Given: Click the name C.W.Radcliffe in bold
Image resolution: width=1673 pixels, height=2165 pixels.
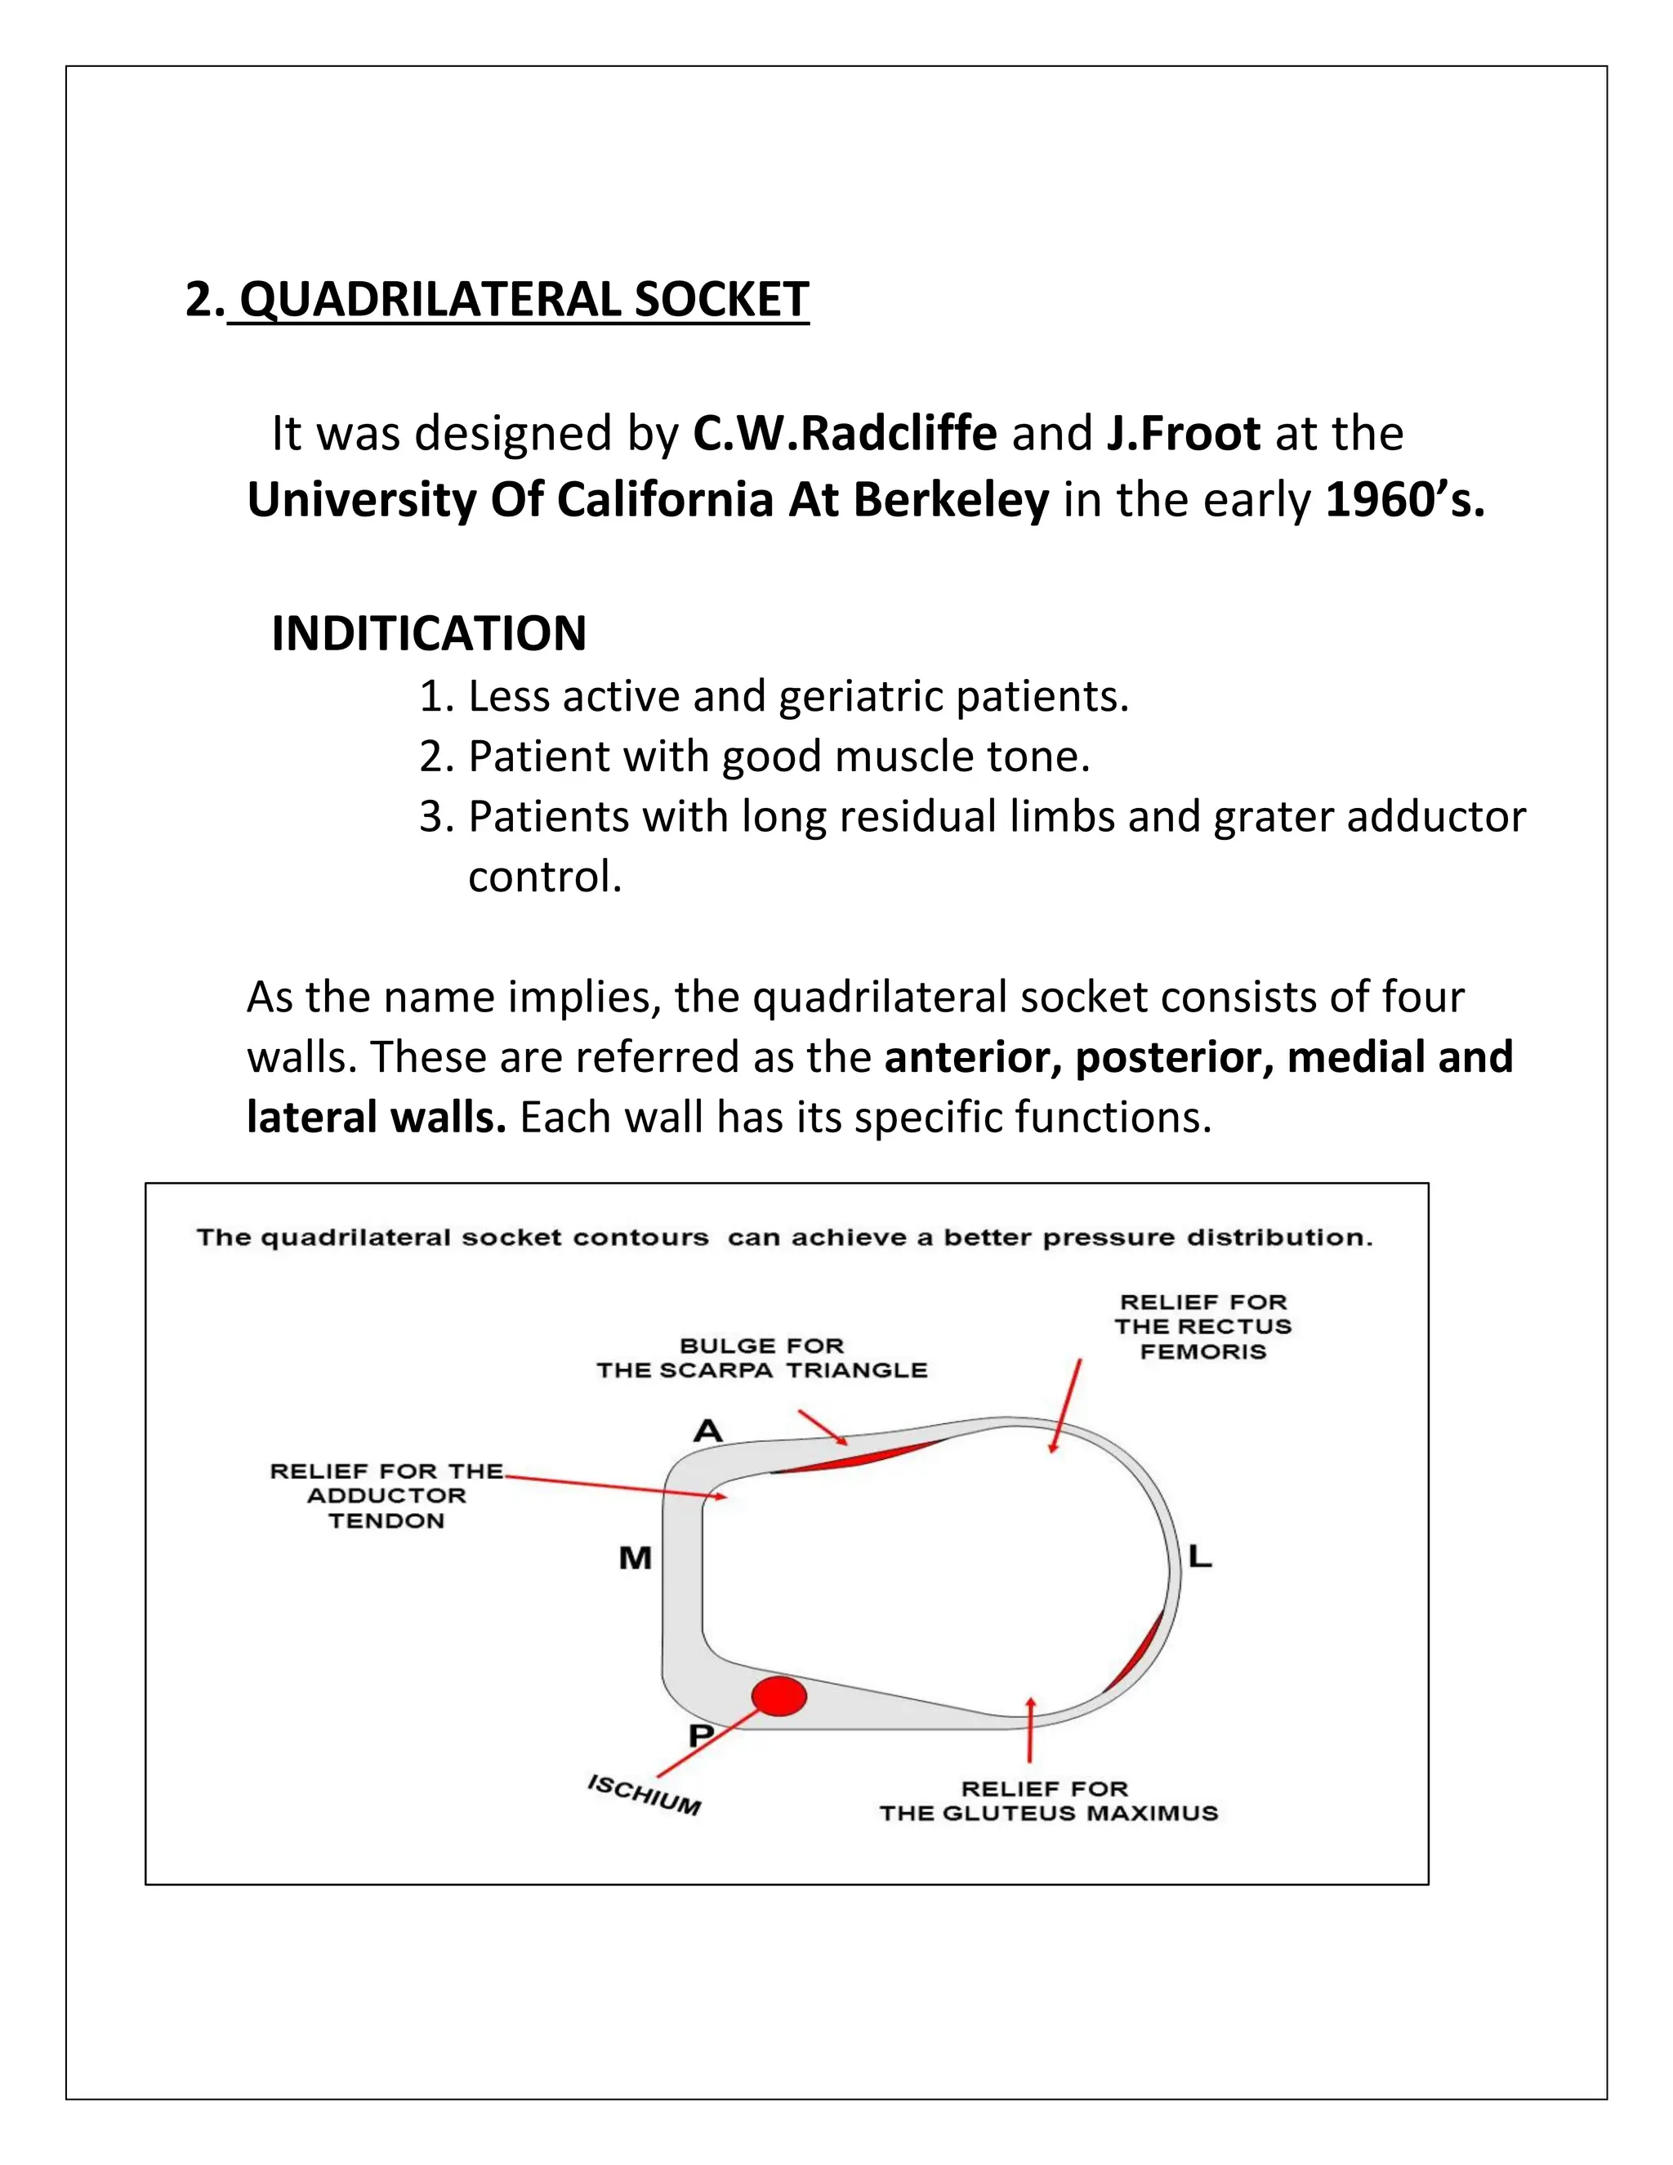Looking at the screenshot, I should [x=845, y=433].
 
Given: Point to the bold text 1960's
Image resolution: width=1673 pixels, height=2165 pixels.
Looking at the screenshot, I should [x=1405, y=500].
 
